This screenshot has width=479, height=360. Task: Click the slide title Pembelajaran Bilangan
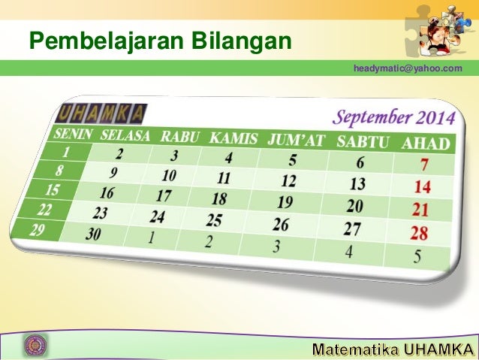[159, 38]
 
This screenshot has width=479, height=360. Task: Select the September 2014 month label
[394, 118]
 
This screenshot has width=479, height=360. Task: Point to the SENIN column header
[72, 134]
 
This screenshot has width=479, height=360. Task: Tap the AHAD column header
[426, 144]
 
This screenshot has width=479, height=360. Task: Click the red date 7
[425, 165]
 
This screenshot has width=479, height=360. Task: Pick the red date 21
[420, 210]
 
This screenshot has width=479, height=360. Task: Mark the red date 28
[418, 234]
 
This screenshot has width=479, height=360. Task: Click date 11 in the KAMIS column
[223, 179]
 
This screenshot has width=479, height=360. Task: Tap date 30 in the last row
[93, 234]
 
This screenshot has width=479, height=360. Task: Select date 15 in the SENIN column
[53, 189]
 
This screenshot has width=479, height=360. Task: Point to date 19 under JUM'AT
[285, 202]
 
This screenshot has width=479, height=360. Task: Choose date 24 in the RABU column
[157, 217]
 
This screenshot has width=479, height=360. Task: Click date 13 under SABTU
[357, 183]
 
